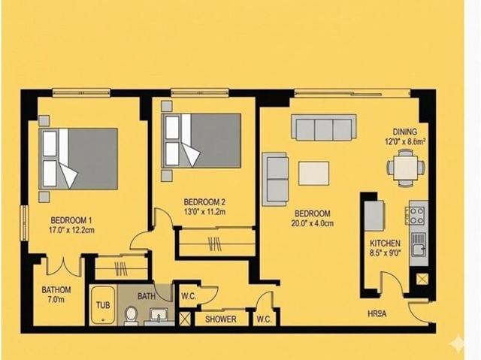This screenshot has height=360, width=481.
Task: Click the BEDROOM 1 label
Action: (71, 220)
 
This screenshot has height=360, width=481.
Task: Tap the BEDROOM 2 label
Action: (204, 202)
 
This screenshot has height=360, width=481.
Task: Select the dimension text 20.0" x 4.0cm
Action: (313, 223)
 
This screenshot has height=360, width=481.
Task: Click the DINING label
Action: (405, 132)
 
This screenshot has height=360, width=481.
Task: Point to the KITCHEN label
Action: (385, 244)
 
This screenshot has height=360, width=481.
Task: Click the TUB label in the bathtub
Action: (103, 305)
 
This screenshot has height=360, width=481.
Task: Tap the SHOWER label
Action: (221, 319)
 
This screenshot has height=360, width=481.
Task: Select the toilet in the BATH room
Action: (131, 316)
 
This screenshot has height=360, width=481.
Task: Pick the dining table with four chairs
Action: (406, 168)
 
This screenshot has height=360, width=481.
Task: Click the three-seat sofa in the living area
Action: (324, 128)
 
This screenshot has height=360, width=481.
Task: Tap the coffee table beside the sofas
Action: (314, 174)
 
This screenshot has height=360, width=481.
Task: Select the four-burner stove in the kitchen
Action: (416, 216)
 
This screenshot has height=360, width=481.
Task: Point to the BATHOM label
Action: (56, 290)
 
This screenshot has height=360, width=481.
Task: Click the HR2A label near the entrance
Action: (377, 314)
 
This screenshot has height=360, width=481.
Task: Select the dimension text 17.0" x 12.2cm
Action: (71, 230)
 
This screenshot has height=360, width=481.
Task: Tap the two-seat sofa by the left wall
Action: (275, 180)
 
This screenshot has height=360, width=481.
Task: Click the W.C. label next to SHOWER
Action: (264, 319)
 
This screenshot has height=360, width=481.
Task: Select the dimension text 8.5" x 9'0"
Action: (385, 253)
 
